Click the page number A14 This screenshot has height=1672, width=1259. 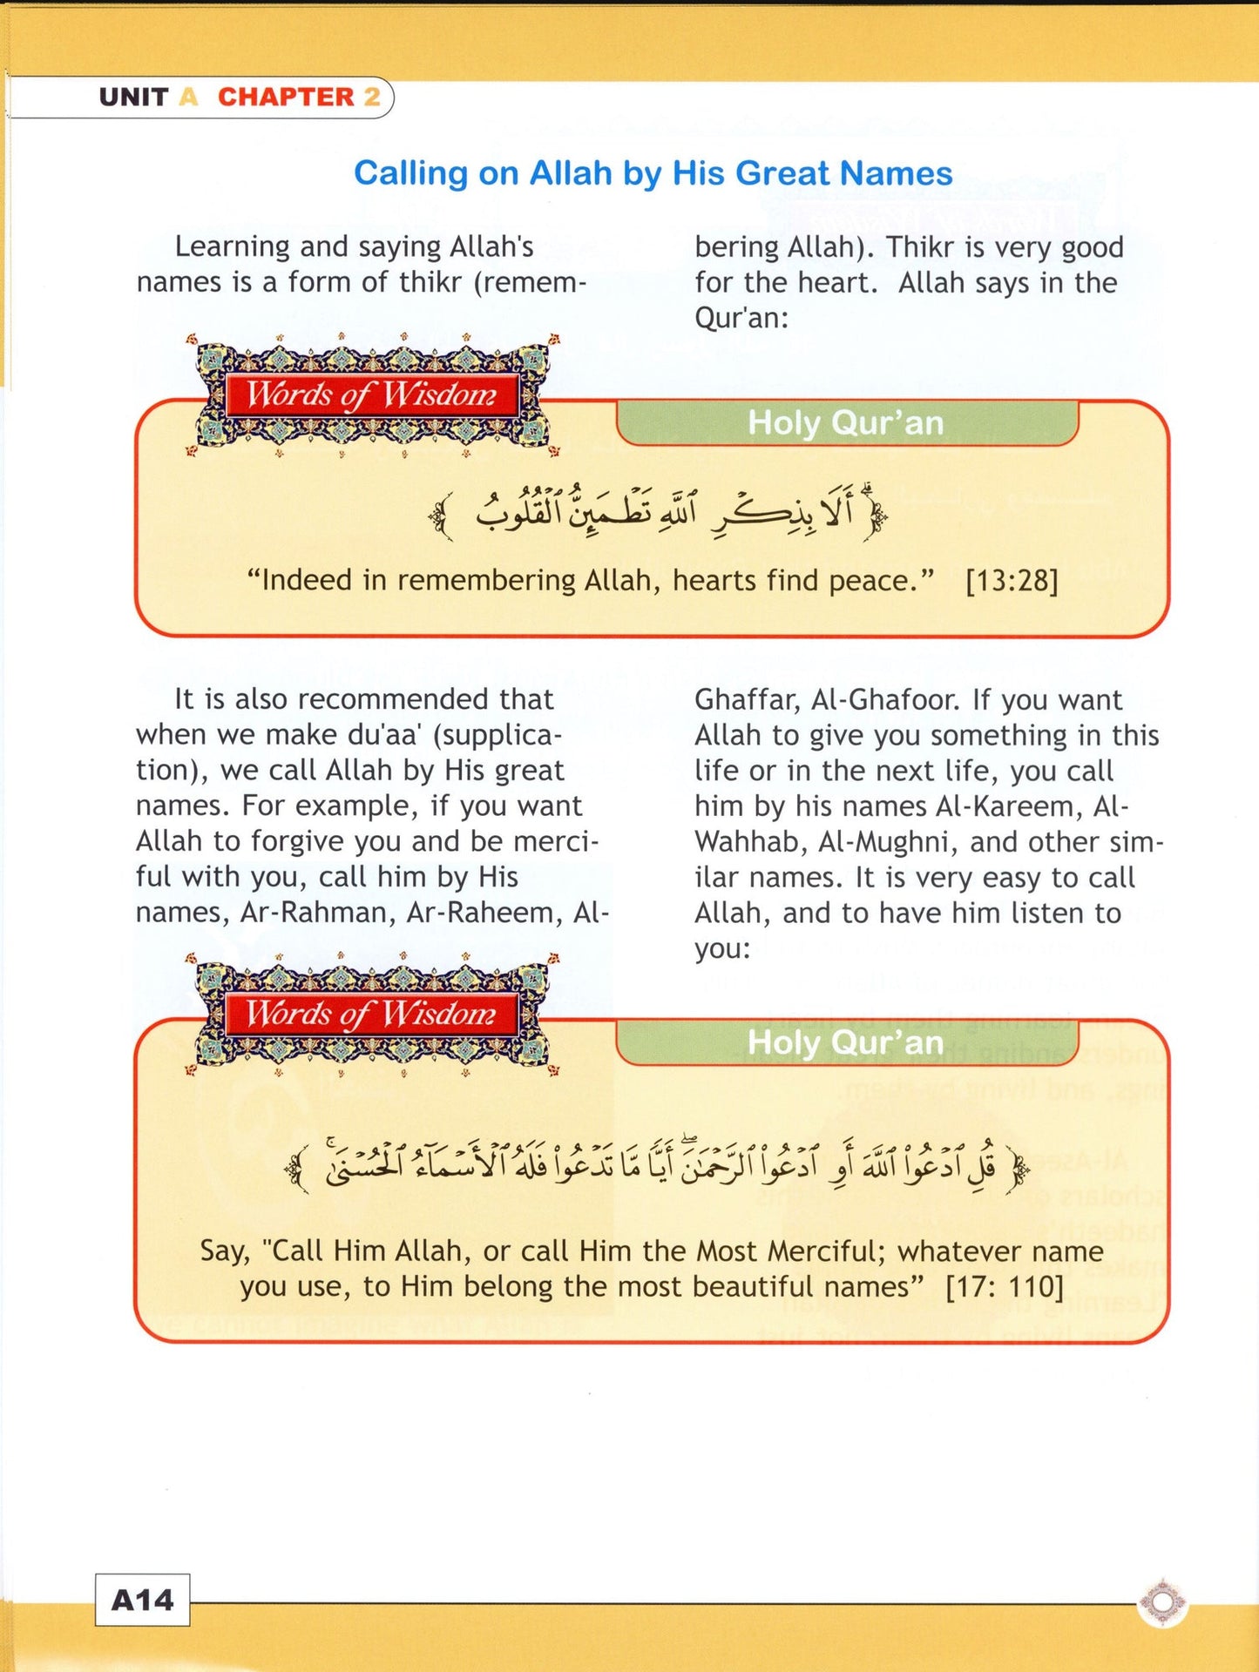click(142, 1600)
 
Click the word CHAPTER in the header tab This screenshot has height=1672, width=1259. click(286, 97)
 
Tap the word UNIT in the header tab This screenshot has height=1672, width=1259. click(133, 97)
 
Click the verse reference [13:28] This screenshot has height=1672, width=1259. click(1012, 581)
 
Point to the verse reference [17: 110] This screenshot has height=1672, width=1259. click(1005, 1286)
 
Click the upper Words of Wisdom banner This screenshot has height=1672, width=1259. click(371, 395)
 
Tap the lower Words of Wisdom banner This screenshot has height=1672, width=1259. click(371, 1014)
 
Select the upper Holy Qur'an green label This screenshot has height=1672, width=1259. click(846, 423)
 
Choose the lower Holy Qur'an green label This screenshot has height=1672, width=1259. click(846, 1042)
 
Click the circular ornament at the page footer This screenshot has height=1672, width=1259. click(1162, 1601)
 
